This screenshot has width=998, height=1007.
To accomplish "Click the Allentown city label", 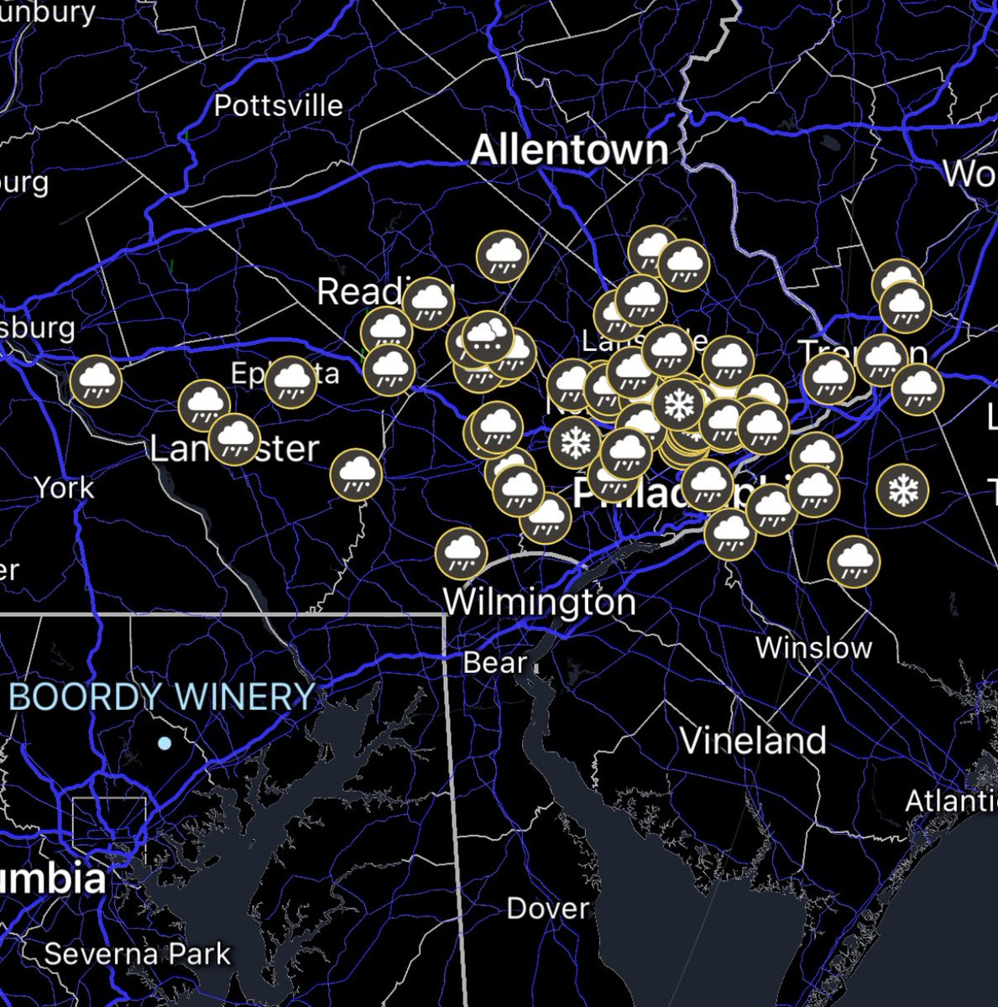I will (569, 150).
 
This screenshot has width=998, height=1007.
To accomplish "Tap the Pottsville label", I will (278, 106).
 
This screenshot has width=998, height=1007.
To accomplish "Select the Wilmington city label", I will (539, 602).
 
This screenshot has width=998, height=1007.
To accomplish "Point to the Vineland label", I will (752, 740).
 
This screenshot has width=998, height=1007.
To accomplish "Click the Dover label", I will (547, 908).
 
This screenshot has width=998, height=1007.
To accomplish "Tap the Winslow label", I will (813, 648).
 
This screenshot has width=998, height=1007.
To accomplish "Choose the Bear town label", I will (494, 663).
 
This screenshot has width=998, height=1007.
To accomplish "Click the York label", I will (64, 487).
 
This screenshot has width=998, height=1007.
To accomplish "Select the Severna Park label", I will (137, 954).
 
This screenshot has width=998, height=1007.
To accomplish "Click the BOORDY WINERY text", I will (161, 697).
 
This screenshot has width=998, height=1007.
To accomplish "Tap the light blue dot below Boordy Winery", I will (165, 744).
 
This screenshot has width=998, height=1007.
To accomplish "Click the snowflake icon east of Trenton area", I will (902, 490).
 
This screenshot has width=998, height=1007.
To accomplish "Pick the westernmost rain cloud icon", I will (96, 381).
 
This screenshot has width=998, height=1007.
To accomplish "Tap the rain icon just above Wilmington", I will (462, 554).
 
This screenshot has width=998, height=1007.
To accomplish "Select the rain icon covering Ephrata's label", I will (290, 381).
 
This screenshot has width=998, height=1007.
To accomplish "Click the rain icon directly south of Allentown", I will (502, 256).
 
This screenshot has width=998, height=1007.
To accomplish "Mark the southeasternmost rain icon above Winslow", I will (854, 561).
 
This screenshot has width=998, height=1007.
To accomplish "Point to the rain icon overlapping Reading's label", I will (428, 302).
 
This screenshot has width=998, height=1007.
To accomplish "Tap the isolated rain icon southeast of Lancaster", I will (356, 474).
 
